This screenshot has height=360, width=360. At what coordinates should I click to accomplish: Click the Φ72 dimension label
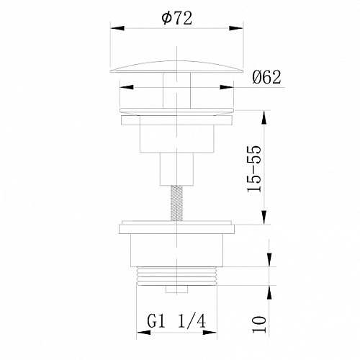[177, 18]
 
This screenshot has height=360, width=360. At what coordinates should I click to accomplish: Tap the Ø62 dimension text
[266, 77]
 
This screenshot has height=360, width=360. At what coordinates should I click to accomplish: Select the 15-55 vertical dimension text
[253, 168]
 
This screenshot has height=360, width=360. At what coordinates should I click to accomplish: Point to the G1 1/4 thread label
[176, 322]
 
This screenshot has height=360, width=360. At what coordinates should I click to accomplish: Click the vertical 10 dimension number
[259, 325]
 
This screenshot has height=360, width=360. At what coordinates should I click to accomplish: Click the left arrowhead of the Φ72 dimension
[117, 28]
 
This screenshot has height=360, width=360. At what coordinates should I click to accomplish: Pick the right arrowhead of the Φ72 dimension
[236, 28]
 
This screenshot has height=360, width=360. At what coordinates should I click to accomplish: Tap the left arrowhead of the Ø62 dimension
[126, 87]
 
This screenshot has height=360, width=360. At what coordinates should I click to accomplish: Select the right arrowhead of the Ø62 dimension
[227, 87]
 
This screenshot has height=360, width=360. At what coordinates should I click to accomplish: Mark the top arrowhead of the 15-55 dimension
[264, 117]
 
